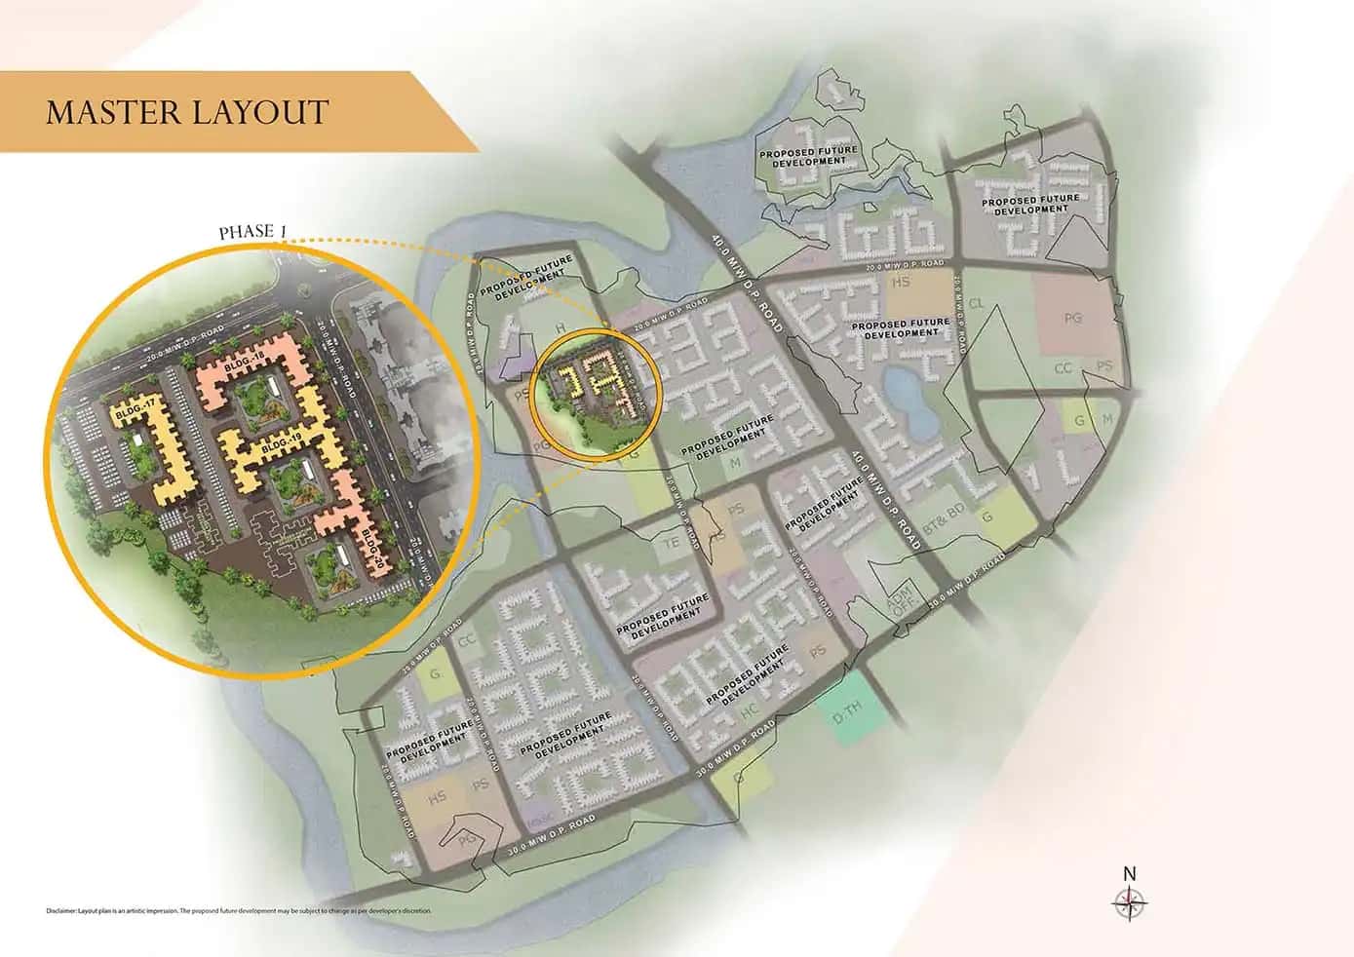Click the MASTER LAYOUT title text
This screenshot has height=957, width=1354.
click(x=187, y=111)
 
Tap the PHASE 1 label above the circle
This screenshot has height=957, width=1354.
click(x=252, y=232)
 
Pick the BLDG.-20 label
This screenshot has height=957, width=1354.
click(x=372, y=550)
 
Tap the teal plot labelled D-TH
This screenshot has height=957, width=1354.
click(x=849, y=717)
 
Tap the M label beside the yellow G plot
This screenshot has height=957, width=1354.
click(x=1106, y=419)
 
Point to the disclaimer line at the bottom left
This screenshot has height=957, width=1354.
click(x=238, y=911)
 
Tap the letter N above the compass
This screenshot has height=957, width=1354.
click(x=1129, y=873)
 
